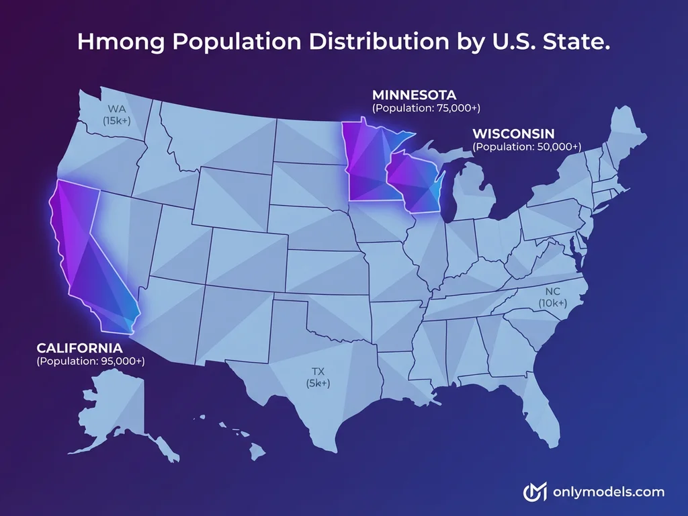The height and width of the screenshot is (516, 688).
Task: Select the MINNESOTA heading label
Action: tap(414, 94)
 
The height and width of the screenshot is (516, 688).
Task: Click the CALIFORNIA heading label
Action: tap(79, 348)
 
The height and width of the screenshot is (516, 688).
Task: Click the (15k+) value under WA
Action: tap(117, 120)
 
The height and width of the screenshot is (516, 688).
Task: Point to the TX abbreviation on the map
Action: tap(318, 370)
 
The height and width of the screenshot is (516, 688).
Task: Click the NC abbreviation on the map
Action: tap(552, 292)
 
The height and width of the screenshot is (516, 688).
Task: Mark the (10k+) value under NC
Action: tap(552, 304)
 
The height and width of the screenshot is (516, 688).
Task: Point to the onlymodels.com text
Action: tap(608, 492)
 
